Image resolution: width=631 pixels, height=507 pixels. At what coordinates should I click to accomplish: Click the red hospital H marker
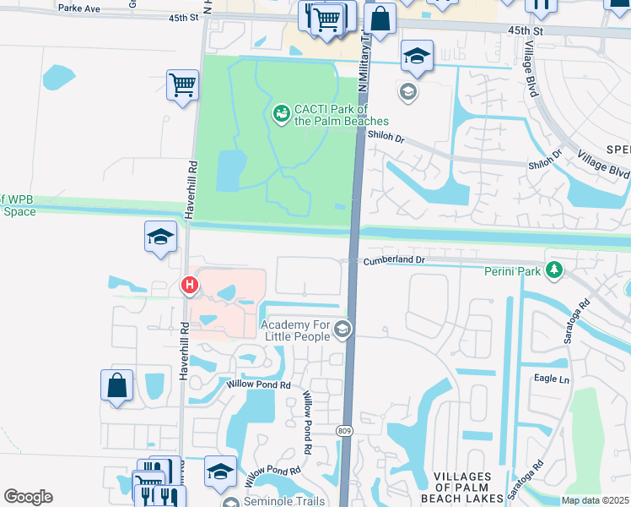190,286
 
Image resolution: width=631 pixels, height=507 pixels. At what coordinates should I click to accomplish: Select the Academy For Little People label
295,330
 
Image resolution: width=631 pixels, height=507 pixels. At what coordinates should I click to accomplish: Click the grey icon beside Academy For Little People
342,330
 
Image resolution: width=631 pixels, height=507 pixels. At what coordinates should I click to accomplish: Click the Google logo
28,497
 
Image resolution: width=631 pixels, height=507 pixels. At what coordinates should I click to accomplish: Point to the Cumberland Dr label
391,262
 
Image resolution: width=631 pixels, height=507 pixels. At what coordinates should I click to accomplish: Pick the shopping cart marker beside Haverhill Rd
182,85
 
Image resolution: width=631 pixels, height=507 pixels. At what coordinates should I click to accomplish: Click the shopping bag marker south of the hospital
117,385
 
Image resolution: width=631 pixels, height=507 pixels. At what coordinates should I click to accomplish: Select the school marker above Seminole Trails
220,471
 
